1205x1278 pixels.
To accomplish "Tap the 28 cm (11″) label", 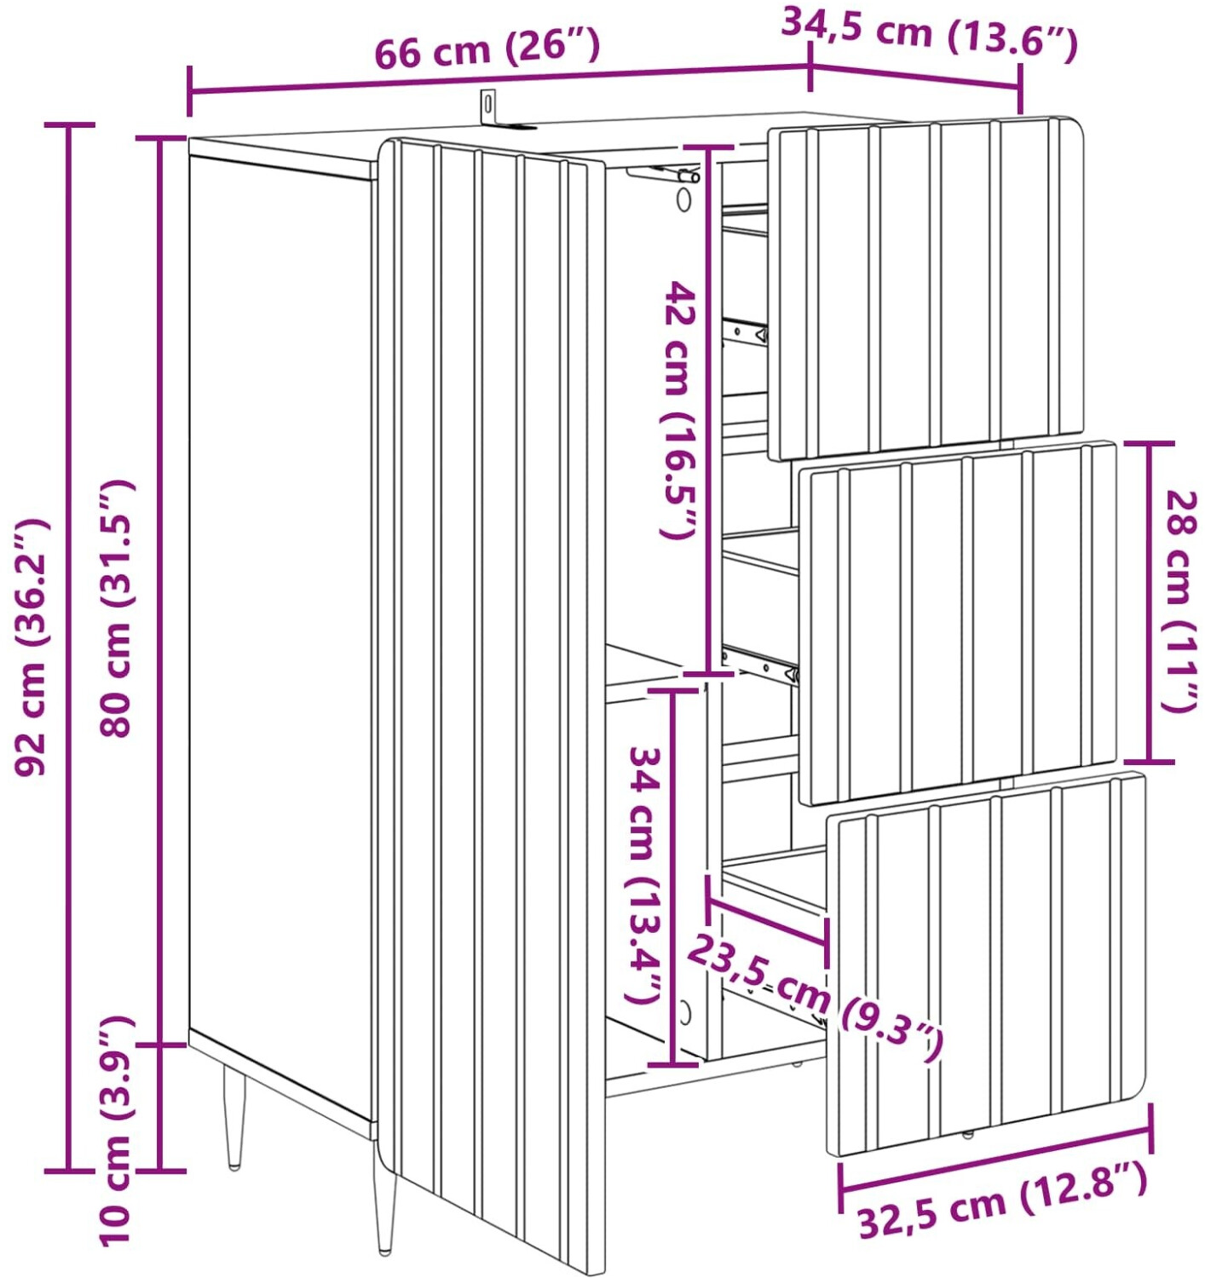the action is click(x=1183, y=602).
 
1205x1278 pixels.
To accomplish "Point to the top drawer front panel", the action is click(x=925, y=287).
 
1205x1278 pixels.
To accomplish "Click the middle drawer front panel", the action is click(x=956, y=622).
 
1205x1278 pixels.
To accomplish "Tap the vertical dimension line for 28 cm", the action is click(x=1150, y=603).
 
